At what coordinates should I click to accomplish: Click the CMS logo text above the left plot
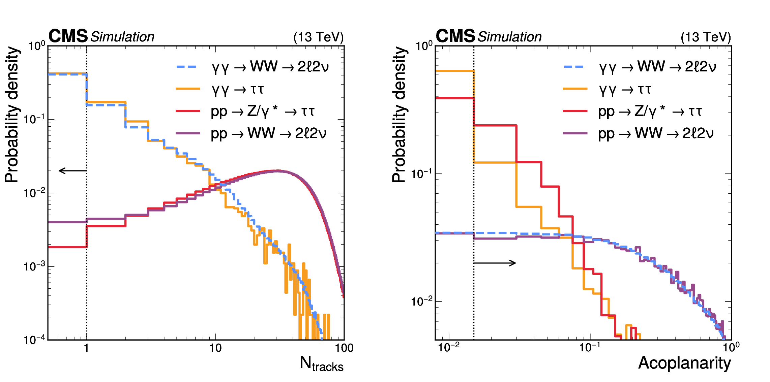click(x=68, y=36)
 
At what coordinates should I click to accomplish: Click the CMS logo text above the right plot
click(x=455, y=36)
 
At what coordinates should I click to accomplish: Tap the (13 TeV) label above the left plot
click(x=319, y=37)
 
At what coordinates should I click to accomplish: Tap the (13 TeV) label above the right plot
click(x=706, y=37)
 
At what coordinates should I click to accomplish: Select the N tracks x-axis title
click(x=321, y=364)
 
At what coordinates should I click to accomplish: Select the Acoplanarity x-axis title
click(x=684, y=363)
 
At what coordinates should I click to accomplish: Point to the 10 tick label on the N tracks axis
click(x=215, y=348)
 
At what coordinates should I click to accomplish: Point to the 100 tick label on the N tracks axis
click(x=344, y=348)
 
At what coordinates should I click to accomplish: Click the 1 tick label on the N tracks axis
click(x=87, y=348)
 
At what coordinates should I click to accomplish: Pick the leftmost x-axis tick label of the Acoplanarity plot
click(x=448, y=347)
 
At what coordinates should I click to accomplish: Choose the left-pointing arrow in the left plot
click(x=73, y=171)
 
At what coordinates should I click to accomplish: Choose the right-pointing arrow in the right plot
click(x=495, y=263)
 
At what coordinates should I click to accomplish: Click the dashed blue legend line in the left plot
click(x=187, y=67)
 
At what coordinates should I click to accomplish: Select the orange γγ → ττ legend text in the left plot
click(x=238, y=89)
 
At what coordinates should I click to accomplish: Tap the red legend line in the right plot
click(x=575, y=111)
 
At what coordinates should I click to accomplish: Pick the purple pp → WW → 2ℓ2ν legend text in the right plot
click(x=656, y=134)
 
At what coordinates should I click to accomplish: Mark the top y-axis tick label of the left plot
click(x=36, y=46)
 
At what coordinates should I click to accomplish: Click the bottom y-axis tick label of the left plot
click(x=34, y=340)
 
